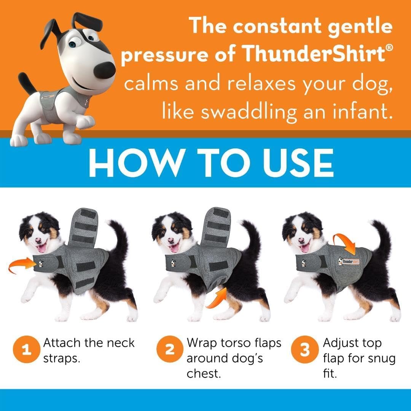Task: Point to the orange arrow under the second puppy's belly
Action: click(216, 299)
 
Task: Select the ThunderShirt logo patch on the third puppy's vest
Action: click(348, 261)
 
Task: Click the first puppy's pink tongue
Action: click(41, 248)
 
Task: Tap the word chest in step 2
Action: click(204, 373)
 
